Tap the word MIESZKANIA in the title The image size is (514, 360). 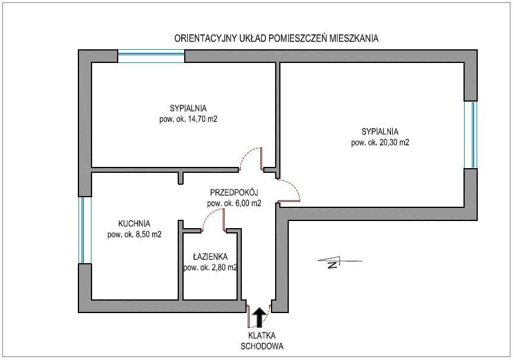(354, 39)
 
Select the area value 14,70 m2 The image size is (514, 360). (202, 119)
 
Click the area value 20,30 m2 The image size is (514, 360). (395, 143)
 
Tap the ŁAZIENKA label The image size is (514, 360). (210, 257)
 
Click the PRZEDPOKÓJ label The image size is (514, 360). (234, 192)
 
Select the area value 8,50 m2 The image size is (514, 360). (148, 235)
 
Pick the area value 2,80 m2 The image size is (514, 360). (224, 267)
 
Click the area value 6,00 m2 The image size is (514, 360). (248, 203)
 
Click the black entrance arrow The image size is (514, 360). (260, 317)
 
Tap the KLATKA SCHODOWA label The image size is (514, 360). (262, 340)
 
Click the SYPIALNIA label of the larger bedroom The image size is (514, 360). (380, 132)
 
